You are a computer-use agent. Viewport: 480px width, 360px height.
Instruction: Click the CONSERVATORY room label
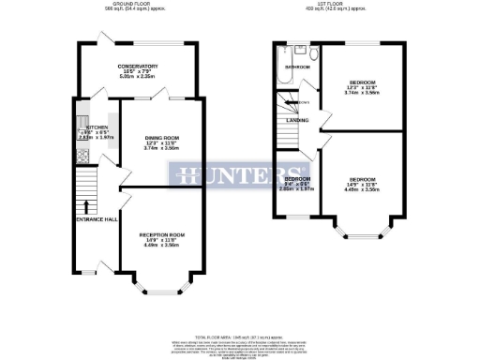tap(138, 66)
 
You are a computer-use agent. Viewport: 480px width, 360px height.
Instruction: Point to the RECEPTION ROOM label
tap(162, 233)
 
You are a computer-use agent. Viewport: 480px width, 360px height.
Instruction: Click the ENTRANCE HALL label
tap(97, 219)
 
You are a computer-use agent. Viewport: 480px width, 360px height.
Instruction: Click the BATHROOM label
tap(299, 67)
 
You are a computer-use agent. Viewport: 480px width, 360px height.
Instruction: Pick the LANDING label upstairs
tap(298, 120)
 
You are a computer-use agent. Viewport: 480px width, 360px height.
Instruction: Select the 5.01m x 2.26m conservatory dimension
tap(138, 78)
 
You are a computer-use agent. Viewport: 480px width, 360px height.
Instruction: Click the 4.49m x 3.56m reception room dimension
tap(162, 246)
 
